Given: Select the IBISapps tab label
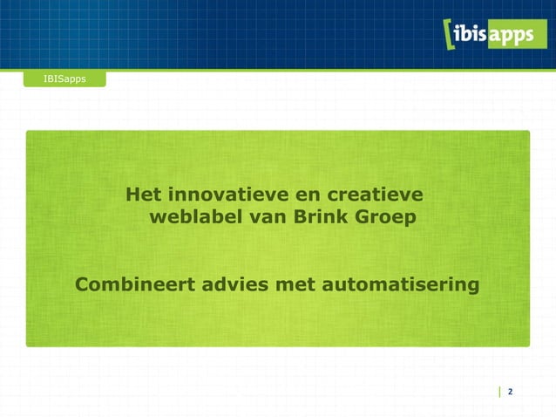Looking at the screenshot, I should coord(64,79).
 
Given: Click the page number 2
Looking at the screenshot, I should coord(510,392).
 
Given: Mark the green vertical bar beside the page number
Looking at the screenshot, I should coord(499,392).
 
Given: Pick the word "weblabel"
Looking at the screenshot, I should coord(196,215).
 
